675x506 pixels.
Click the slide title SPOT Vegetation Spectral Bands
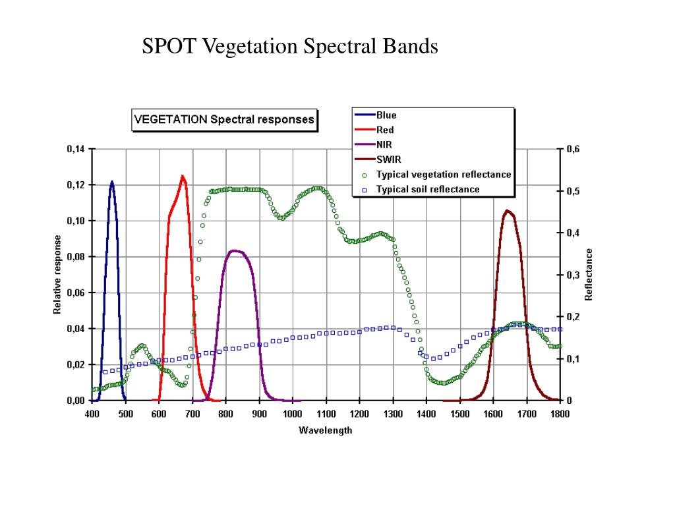291,47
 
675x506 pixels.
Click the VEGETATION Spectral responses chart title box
224,120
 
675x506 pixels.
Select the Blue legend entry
386,115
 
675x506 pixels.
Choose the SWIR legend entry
389,159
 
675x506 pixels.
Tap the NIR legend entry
385,144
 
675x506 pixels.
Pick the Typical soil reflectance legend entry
428,190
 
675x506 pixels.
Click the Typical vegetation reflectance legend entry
443,175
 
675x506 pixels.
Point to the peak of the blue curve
111,181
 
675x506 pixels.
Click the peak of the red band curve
183,176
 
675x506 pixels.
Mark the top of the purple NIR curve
235,250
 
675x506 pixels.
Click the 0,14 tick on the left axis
76,149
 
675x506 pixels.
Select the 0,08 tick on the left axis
76,256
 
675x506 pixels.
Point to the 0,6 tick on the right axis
573,149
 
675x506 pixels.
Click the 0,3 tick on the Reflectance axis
573,275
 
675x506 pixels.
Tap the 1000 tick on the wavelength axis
293,414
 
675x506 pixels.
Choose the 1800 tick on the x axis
560,414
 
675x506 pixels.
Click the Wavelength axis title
326,431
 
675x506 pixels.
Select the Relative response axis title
58,275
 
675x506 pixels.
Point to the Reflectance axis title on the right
590,275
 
